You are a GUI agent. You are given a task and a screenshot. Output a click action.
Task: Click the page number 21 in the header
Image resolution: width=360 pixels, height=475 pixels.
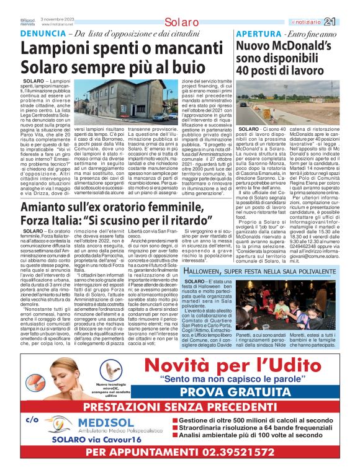coord(347,21)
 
